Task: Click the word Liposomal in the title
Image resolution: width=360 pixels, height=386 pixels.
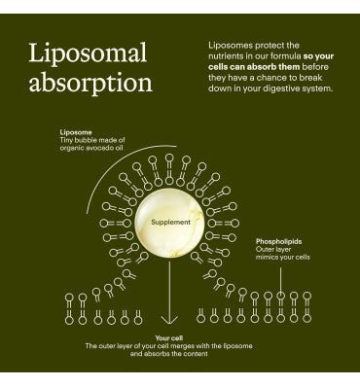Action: [88, 53]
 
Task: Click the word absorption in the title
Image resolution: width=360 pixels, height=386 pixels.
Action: [90, 83]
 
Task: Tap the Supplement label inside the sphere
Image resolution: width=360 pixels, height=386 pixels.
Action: [170, 223]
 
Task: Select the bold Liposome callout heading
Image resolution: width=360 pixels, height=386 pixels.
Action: [76, 132]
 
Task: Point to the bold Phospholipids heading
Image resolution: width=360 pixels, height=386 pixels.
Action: [278, 241]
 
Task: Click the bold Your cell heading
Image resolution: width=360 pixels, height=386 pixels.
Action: [169, 338]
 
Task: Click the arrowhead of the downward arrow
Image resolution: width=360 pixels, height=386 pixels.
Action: [169, 319]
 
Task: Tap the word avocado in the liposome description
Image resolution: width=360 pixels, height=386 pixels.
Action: [95, 148]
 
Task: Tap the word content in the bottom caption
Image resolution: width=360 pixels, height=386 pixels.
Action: [197, 354]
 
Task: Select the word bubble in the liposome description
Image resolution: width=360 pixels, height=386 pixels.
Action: [86, 140]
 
